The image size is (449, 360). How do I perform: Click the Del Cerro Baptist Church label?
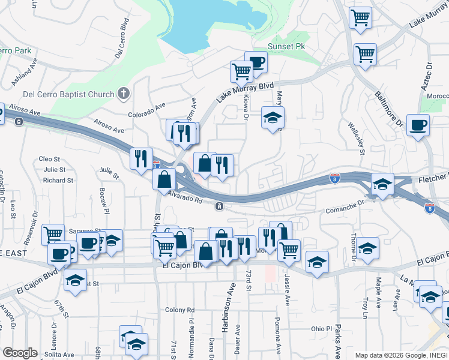click(67, 94)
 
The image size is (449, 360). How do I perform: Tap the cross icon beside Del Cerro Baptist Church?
click(124, 94)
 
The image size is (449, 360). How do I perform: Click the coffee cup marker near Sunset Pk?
click(256, 62)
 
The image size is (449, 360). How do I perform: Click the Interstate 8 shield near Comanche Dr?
click(336, 178)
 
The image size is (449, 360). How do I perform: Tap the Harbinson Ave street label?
click(230, 304)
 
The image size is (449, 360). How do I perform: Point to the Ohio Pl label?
click(321, 329)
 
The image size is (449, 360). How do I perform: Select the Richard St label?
click(58, 180)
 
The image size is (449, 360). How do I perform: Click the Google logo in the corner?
click(20, 353)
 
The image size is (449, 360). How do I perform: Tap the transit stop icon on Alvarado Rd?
click(220, 206)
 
